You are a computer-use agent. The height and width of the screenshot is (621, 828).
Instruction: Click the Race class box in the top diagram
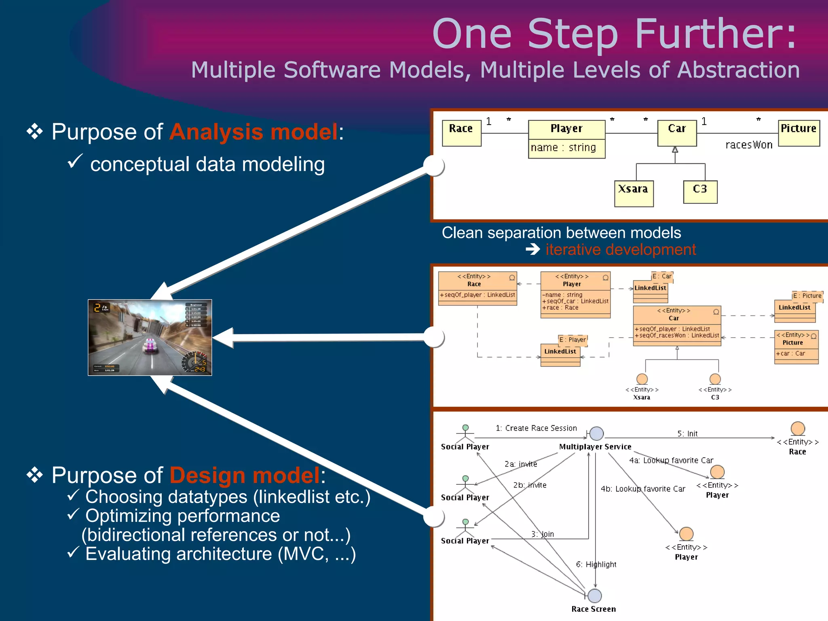coord(461,133)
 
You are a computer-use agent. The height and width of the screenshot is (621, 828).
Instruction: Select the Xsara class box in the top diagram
coord(634,194)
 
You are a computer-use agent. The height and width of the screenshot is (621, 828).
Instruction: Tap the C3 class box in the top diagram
coord(700,192)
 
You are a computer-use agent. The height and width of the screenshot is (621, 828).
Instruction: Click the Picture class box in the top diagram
coord(798,133)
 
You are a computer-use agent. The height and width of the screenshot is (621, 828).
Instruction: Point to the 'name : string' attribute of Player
coord(563,148)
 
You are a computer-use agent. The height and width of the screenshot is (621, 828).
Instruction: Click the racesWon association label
coord(749,145)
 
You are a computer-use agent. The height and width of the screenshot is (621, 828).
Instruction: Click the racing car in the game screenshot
coord(150,346)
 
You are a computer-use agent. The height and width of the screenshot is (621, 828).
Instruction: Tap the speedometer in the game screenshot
coord(195,361)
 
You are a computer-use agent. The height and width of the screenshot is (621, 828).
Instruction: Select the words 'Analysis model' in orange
coord(253,132)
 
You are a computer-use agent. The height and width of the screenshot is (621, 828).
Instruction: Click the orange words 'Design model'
coord(245,475)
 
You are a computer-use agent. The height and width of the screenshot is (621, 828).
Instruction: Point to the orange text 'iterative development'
coord(621,250)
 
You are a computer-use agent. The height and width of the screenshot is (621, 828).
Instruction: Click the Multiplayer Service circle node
coord(596,433)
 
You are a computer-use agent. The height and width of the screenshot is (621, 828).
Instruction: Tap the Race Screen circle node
coord(594,596)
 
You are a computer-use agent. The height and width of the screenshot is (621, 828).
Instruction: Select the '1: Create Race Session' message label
coord(536,428)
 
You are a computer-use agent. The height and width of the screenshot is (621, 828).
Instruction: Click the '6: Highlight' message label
coord(596,564)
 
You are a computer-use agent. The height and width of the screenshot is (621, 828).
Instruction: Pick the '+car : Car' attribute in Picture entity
coord(790,353)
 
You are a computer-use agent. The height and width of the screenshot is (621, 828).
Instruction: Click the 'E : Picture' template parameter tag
coord(807,296)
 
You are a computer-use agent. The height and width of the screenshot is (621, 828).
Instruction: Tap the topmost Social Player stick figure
coord(465,433)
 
